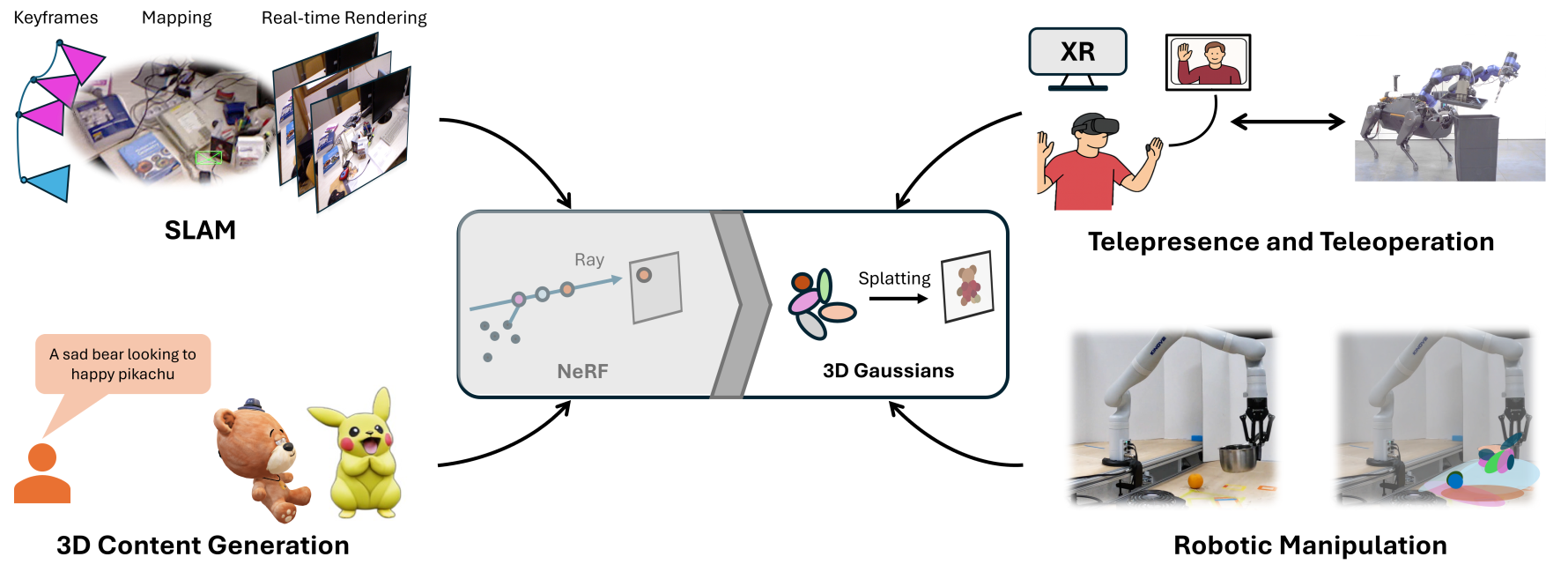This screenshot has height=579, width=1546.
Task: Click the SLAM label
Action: [200, 230]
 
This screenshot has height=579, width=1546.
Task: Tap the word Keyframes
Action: [55, 18]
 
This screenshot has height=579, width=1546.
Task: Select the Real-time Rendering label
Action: [344, 18]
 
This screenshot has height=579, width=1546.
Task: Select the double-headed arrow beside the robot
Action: [1287, 122]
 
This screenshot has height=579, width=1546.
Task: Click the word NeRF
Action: [582, 371]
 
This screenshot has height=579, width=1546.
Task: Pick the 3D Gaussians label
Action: [888, 370]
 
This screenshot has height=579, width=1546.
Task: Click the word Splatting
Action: [894, 278]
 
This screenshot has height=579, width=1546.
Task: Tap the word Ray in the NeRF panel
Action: [589, 260]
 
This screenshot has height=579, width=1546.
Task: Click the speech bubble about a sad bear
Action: [122, 364]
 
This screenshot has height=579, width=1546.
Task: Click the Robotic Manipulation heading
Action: [1310, 546]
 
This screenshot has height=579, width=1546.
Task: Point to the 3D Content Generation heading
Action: [203, 546]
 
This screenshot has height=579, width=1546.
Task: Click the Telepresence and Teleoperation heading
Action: [1291, 241]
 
